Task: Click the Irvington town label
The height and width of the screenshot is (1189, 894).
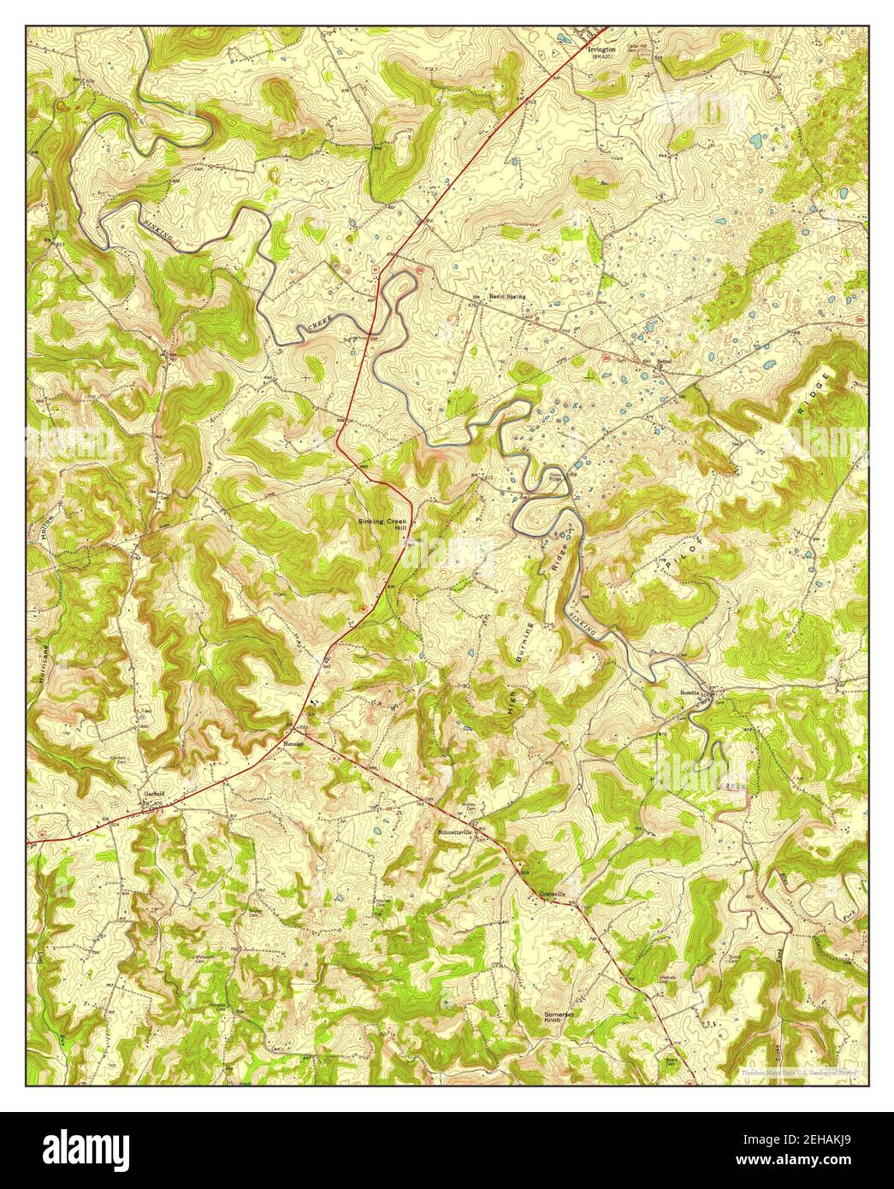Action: pos(602,50)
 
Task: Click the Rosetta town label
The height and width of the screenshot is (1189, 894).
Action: pos(690,691)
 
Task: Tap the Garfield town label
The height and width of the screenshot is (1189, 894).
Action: pos(152,793)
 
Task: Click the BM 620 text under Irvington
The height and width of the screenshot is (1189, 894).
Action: pos(603,59)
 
